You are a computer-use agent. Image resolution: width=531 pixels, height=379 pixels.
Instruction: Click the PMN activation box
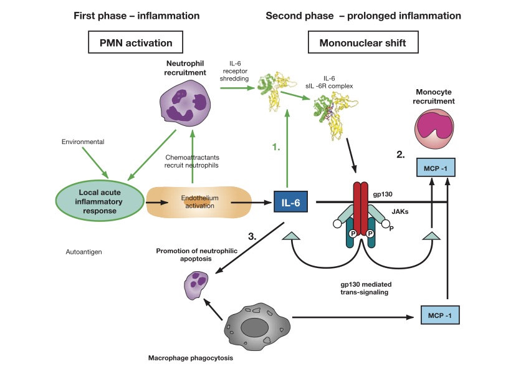135,43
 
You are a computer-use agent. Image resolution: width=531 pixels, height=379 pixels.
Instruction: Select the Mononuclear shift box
363,43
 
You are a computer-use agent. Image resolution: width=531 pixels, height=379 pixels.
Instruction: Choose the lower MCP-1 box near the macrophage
439,315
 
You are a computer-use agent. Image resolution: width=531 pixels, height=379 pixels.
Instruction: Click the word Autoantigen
84,252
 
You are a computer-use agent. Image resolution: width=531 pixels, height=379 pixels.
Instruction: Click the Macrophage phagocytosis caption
187,358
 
